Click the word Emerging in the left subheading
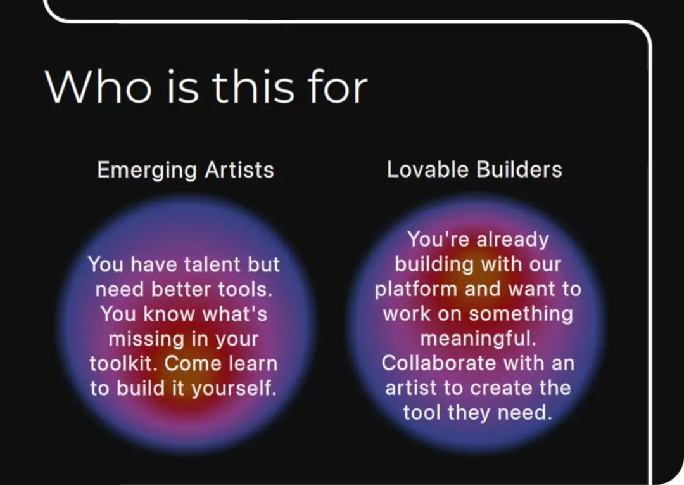pos(147,171)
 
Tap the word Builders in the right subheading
pos(519,169)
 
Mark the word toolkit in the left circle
pos(123,364)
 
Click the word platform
pos(416,290)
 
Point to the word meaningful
pos(478,339)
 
